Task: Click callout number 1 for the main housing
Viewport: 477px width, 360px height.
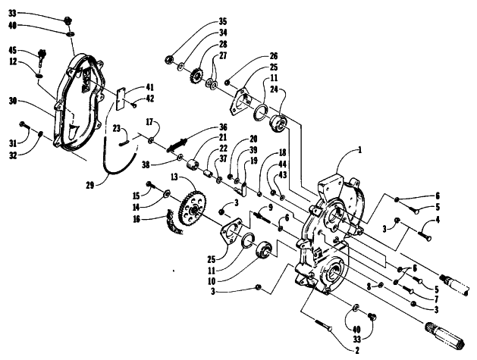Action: (360, 150)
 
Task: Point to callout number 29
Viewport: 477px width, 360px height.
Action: (90, 185)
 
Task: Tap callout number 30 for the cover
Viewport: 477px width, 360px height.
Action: (13, 102)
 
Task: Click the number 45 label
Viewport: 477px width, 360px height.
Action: (13, 50)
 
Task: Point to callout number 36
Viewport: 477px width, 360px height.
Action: (223, 127)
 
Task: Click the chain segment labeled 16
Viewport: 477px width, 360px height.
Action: (175, 222)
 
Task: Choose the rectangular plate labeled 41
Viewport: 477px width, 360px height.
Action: (122, 99)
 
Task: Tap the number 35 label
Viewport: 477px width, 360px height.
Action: (223, 22)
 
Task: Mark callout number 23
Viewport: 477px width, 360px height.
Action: (117, 129)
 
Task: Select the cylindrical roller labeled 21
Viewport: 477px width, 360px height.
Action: (193, 165)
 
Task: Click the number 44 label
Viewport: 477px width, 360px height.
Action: (283, 164)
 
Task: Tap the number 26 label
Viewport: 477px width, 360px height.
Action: (274, 56)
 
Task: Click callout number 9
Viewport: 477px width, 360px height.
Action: (271, 208)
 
